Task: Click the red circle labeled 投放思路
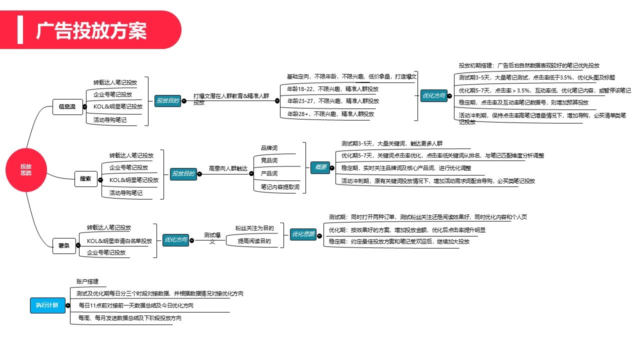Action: (x=25, y=170)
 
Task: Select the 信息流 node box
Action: (x=67, y=106)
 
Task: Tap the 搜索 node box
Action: (x=85, y=178)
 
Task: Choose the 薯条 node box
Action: (x=63, y=245)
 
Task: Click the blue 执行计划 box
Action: (x=47, y=305)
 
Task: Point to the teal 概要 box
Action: (x=320, y=167)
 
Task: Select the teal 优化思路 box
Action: (x=303, y=234)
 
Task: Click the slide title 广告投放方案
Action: (x=91, y=30)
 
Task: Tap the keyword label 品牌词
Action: (x=269, y=148)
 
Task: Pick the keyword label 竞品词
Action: (x=269, y=160)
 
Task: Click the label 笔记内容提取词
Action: (x=280, y=187)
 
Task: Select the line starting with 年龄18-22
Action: (x=332, y=89)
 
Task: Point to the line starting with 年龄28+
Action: (x=330, y=114)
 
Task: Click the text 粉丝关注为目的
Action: (x=254, y=228)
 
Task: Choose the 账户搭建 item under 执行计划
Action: (x=87, y=281)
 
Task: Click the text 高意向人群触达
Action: (x=228, y=169)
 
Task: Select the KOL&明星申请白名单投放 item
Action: (x=119, y=241)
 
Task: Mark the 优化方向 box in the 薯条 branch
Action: (x=175, y=240)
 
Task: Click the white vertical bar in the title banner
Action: (x=20, y=29)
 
